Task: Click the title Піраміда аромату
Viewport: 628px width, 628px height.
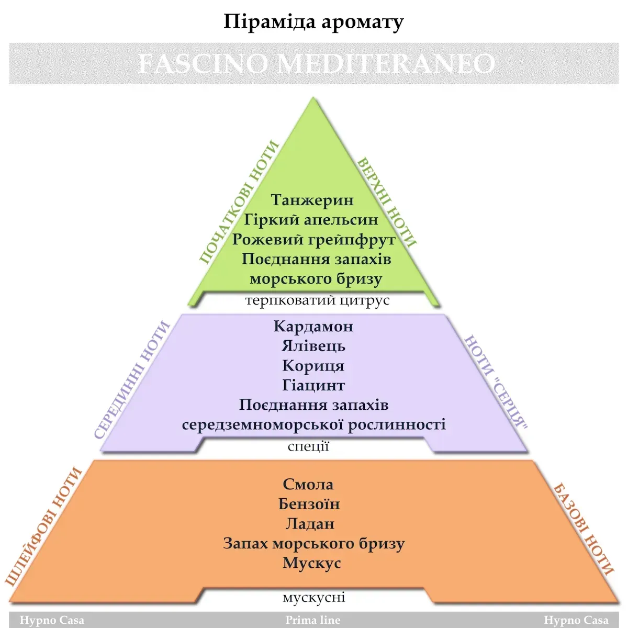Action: click(x=313, y=22)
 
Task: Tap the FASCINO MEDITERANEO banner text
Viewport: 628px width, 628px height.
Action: click(x=317, y=63)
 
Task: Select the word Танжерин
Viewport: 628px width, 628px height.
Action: click(x=312, y=200)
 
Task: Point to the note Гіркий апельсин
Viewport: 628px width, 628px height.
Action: click(x=311, y=219)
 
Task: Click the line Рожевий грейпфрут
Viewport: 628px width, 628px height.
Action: click(x=314, y=240)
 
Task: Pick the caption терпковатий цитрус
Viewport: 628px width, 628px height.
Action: click(x=318, y=300)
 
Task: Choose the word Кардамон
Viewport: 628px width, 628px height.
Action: click(x=313, y=326)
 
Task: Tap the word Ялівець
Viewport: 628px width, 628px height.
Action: click(x=313, y=346)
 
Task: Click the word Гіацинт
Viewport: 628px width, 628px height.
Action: click(x=313, y=385)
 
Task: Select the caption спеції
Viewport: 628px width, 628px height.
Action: click(x=308, y=446)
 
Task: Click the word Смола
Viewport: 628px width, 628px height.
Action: click(x=308, y=484)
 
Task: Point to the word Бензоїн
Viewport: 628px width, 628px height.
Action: click(x=309, y=504)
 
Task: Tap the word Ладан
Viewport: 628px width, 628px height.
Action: click(x=310, y=524)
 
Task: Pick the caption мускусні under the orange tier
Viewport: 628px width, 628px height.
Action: click(x=314, y=597)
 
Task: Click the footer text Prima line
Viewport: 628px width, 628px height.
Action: click(x=313, y=620)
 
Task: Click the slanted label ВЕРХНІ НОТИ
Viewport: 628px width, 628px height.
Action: click(x=387, y=202)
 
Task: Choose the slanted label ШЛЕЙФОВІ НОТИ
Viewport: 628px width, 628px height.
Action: click(x=43, y=526)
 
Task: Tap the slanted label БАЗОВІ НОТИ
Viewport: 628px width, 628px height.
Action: click(x=584, y=530)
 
